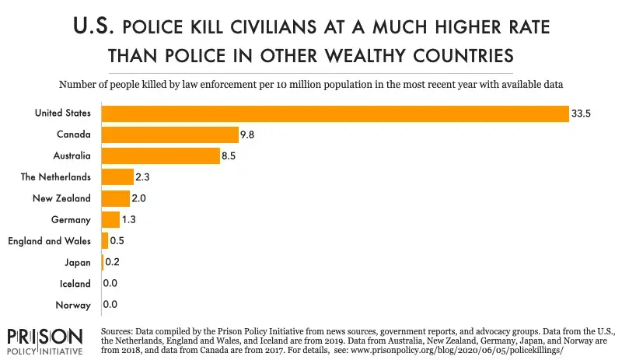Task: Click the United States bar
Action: point(334,114)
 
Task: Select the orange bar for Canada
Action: point(169,135)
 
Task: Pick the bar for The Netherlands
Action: point(117,177)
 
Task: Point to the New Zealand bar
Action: point(116,198)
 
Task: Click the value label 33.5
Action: point(580,114)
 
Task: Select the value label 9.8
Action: point(248,135)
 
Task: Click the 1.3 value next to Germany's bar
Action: point(131,220)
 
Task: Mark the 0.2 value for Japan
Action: point(113,262)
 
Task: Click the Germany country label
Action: point(72,220)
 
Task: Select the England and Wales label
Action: point(49,241)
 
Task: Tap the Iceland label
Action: point(75,284)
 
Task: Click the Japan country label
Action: point(78,262)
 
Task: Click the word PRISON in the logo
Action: point(44,337)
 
